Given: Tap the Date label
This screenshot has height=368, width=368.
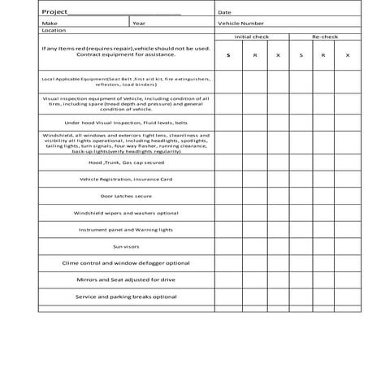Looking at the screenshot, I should (x=224, y=12).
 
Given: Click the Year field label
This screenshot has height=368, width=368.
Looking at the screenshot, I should (x=140, y=23).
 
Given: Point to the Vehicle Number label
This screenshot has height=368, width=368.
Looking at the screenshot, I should (x=241, y=23).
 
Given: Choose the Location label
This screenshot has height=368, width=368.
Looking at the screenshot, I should (x=54, y=30).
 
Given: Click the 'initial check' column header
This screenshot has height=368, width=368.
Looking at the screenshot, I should (x=252, y=37).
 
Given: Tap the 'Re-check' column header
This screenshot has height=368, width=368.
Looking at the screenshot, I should (x=325, y=37).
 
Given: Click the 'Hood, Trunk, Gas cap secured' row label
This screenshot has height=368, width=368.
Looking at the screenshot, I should (x=126, y=162).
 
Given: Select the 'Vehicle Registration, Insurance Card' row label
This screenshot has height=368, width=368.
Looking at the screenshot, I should (x=126, y=179).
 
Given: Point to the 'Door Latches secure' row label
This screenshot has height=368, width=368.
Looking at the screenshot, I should (x=126, y=196).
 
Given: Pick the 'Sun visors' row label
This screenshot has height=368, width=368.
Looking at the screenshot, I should (x=126, y=246).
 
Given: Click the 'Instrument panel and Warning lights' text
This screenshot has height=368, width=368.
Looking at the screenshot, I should (x=126, y=229).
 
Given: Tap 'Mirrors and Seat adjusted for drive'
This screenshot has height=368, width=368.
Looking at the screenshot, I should (x=126, y=279).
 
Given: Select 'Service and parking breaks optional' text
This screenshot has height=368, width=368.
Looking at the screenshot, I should (x=126, y=297).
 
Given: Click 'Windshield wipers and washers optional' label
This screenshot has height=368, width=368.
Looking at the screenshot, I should (x=126, y=213).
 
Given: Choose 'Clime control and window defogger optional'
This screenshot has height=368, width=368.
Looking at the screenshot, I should (x=126, y=263).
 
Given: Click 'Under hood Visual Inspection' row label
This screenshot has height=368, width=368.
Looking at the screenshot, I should (x=126, y=123).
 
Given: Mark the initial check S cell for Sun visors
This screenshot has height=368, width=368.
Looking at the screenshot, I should (x=228, y=246).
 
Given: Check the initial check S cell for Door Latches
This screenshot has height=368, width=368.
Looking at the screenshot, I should (x=228, y=196).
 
